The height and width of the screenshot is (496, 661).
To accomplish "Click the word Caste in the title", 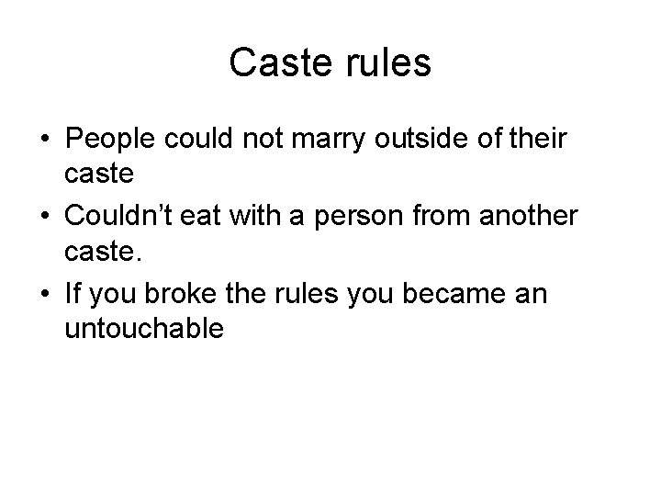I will (281, 62).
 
